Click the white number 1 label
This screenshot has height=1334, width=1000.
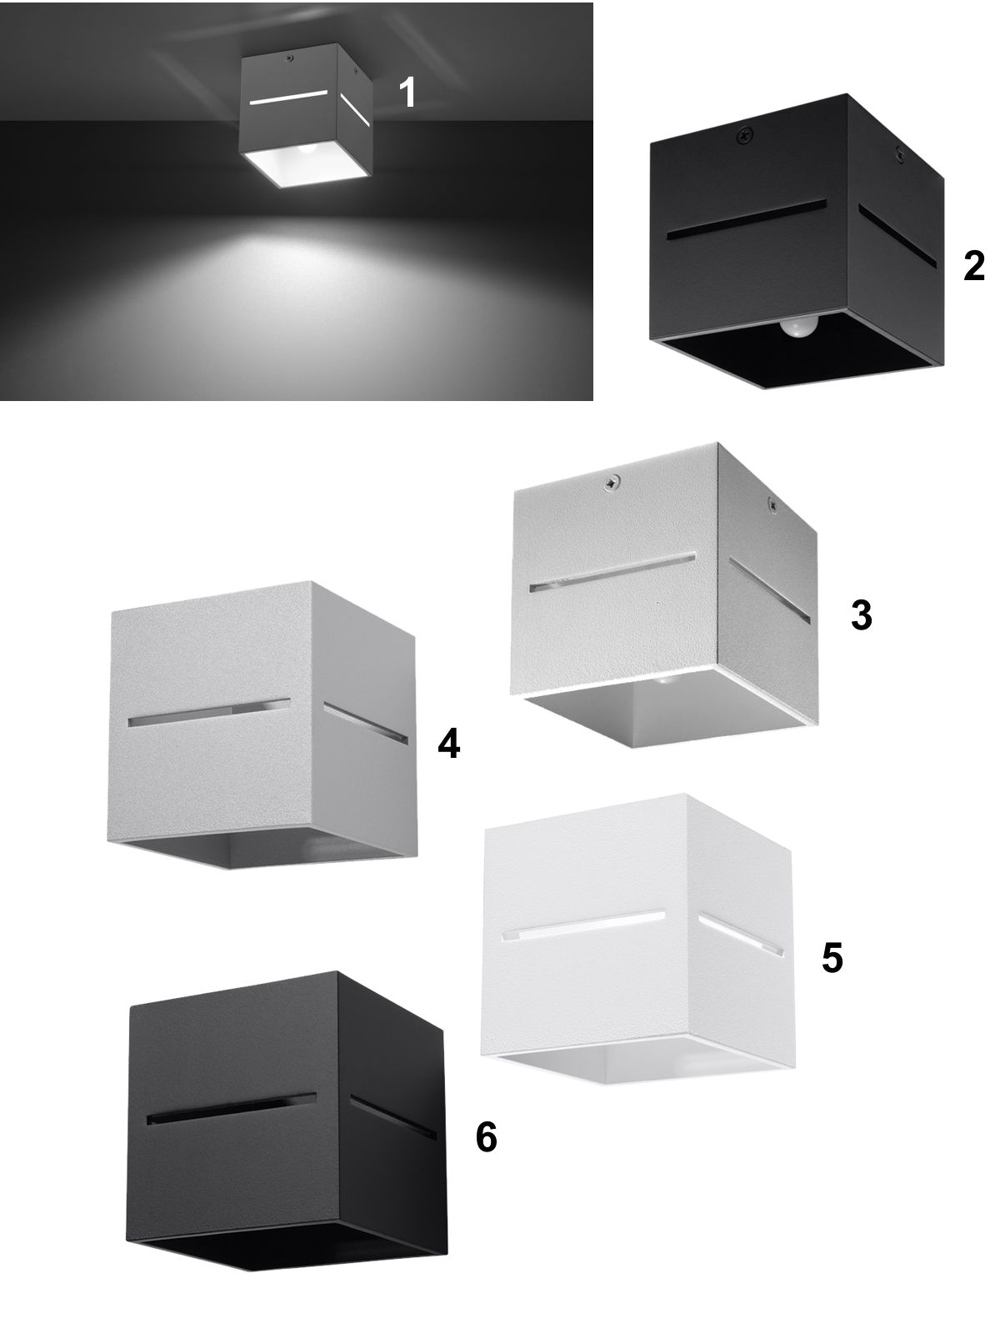(407, 93)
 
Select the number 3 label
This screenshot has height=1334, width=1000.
(861, 615)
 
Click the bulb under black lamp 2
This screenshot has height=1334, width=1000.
(799, 328)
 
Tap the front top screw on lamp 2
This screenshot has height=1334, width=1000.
(745, 136)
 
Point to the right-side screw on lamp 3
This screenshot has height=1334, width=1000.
(772, 504)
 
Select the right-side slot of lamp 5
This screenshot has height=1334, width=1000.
(740, 936)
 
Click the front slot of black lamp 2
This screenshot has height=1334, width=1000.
(747, 219)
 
